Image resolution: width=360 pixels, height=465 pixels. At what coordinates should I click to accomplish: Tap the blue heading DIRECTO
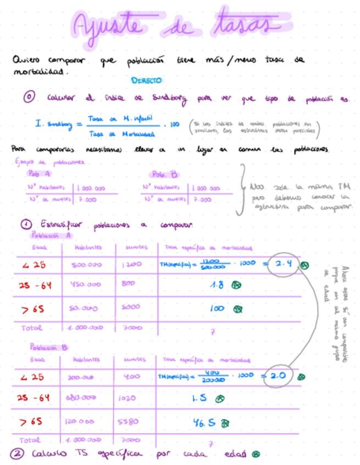click(x=147, y=80)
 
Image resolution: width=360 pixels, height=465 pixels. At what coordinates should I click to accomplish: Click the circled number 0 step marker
click(x=29, y=97)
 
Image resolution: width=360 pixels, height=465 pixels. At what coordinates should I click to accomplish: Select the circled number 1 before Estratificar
click(x=25, y=224)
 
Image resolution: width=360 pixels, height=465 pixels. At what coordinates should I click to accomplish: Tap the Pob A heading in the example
click(x=40, y=174)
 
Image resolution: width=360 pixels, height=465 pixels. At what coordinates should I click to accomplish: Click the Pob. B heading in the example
click(x=165, y=174)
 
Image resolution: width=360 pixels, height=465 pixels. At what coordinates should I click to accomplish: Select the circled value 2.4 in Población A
click(x=283, y=264)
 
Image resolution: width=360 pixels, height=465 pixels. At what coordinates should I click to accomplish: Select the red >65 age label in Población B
click(x=32, y=422)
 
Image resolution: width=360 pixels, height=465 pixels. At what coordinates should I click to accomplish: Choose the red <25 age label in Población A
click(x=32, y=264)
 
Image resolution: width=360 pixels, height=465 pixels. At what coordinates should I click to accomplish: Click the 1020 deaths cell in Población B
click(x=128, y=399)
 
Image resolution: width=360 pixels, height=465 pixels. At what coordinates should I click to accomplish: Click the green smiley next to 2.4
click(x=304, y=265)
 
